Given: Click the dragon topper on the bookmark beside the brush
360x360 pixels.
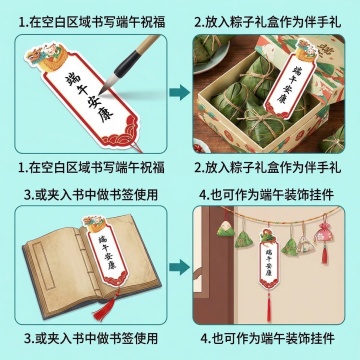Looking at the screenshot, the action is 47,56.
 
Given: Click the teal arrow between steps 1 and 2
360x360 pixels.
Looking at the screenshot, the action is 179,92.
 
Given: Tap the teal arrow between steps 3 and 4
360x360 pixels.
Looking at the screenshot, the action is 179,267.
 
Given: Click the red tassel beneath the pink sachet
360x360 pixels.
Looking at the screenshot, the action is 325,254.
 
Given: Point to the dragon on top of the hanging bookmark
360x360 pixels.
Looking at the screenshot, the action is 269,236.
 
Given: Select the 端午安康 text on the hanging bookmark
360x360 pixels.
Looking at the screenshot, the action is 269,263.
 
